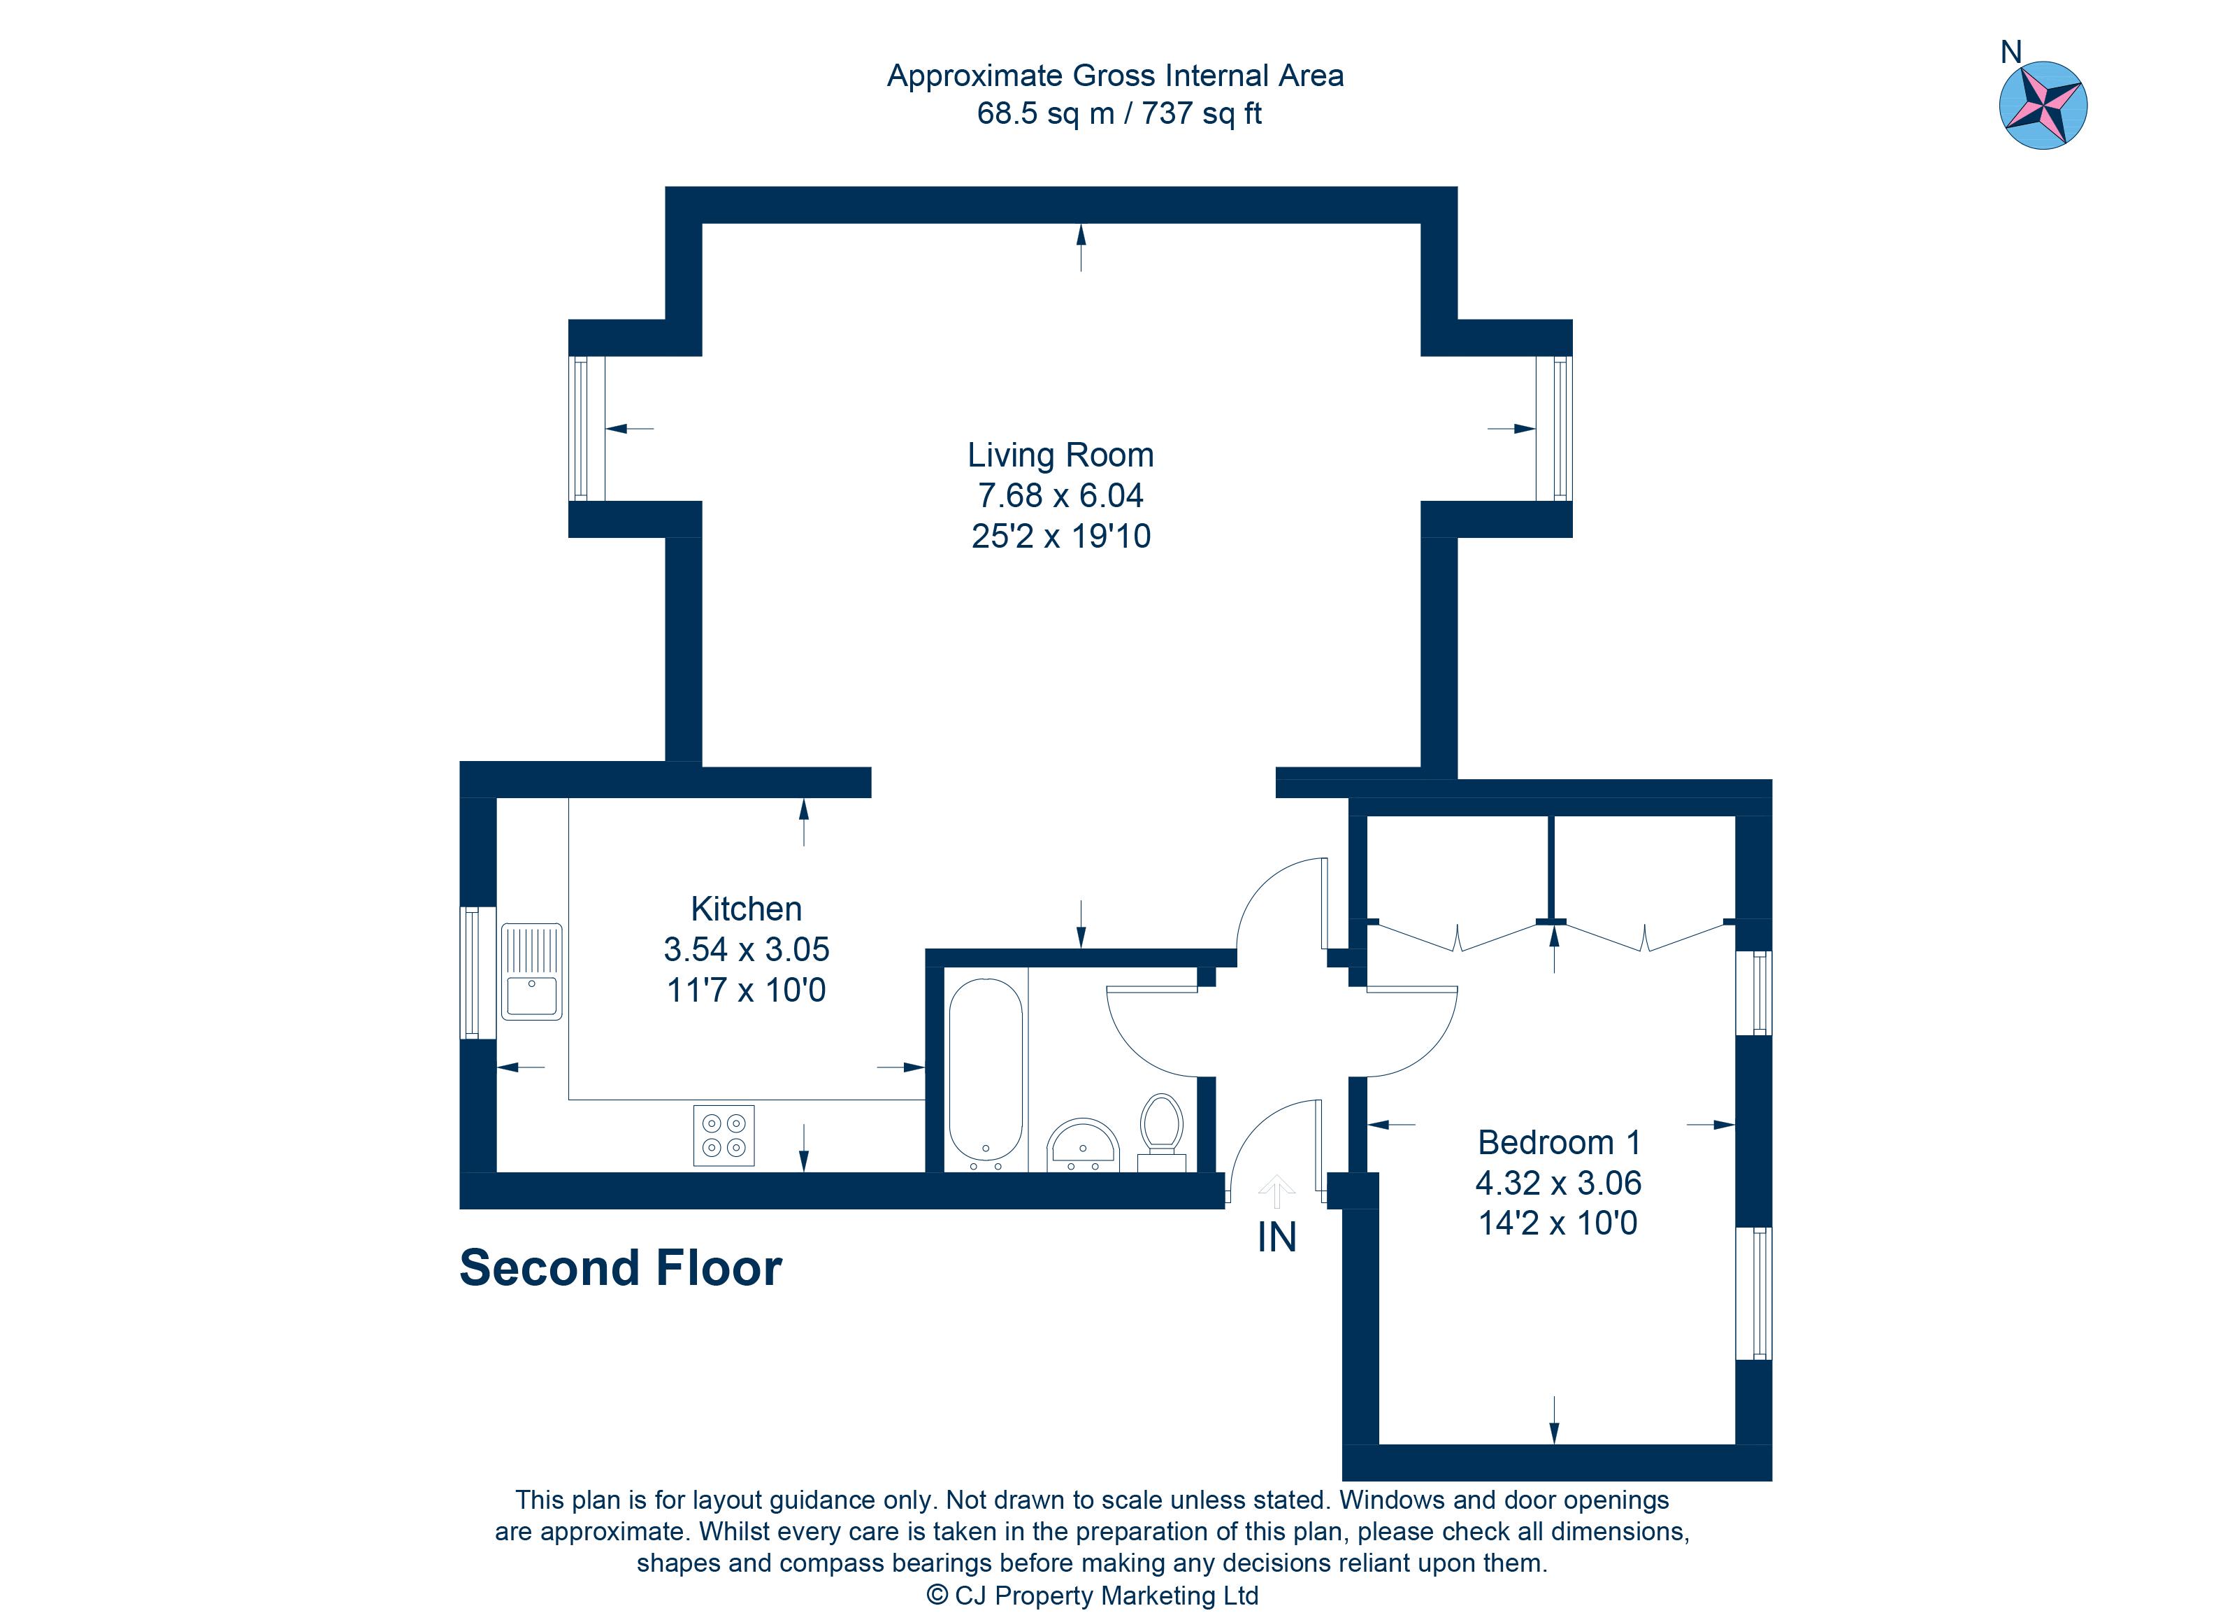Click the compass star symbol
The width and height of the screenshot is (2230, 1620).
(2043, 105)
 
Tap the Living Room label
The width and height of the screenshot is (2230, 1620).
(1060, 455)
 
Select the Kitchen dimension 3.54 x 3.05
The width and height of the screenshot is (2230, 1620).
(747, 949)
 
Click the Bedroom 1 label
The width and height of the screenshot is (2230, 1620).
(1558, 1142)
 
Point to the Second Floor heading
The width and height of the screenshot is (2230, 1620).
(621, 1268)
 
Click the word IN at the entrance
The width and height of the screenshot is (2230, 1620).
(1276, 1237)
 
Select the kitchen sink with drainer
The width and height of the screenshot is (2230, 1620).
(532, 971)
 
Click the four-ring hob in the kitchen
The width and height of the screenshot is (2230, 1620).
(724, 1136)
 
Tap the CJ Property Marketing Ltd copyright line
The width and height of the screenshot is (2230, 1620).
(1093, 1596)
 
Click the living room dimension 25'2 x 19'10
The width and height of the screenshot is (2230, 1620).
(1060, 536)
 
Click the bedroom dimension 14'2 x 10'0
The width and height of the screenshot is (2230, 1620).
(1558, 1223)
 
